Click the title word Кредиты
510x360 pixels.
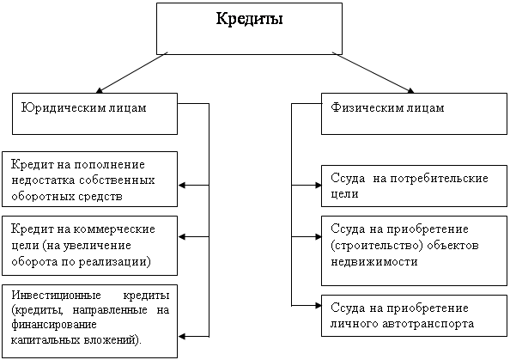[250, 19]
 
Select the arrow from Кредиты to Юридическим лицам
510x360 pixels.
[131, 72]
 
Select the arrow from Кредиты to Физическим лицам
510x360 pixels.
[373, 72]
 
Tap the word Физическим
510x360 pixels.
[362, 107]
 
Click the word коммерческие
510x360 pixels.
[114, 229]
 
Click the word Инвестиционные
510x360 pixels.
[57, 296]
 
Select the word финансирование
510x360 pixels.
[54, 325]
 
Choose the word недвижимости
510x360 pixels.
[374, 262]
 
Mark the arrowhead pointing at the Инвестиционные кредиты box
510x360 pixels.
[182, 337]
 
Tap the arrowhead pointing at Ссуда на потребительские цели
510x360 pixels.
[318, 186]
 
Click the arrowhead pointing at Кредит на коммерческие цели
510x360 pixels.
[182, 236]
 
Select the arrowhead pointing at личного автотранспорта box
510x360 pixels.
[318, 306]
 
